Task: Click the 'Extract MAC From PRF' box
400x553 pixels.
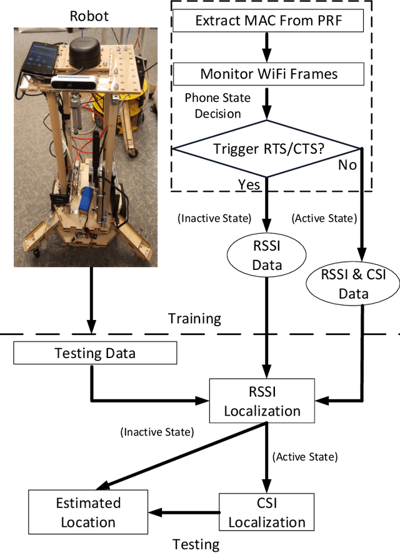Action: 268,21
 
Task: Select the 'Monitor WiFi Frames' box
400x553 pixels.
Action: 268,74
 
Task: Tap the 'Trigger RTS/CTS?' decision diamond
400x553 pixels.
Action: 267,149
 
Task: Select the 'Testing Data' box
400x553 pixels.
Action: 95,354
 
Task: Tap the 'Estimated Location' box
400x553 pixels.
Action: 88,512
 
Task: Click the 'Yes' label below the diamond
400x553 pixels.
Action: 248,184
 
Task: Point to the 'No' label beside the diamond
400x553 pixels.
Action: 347,165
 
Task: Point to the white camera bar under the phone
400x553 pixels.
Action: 68,81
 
